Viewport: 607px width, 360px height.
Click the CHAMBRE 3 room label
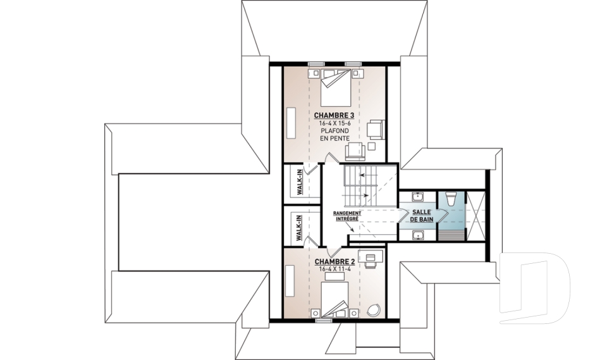(334, 116)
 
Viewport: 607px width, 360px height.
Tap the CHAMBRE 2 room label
(334, 262)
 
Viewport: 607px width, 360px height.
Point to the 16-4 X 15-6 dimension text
(334, 123)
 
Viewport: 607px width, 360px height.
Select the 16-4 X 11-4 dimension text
(334, 270)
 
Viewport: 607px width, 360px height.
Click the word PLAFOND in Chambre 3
(334, 130)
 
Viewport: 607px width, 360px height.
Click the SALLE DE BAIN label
(422, 216)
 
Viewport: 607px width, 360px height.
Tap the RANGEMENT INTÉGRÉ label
(347, 216)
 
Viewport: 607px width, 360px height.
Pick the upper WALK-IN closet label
(299, 182)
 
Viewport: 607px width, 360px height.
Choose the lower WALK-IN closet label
(299, 228)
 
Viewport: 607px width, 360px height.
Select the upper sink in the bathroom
(418, 197)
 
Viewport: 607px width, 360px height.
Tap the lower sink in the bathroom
(418, 235)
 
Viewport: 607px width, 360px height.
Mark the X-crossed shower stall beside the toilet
(475, 216)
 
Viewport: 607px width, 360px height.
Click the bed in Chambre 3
(336, 88)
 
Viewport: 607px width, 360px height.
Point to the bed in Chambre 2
(334, 300)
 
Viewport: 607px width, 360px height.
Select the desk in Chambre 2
(371, 256)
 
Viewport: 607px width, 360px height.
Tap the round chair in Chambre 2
(374, 311)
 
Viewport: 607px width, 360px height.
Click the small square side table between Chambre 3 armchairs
(372, 146)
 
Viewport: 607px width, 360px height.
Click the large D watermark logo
(534, 288)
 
